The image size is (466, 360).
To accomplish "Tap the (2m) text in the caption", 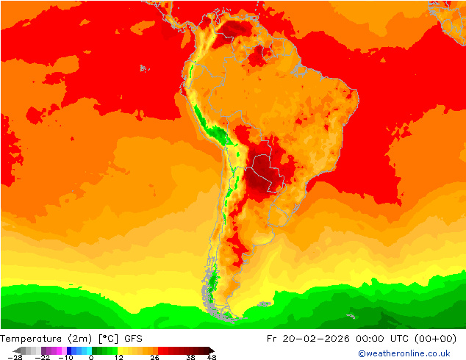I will [x=80, y=339].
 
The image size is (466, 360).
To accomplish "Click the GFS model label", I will [x=133, y=339].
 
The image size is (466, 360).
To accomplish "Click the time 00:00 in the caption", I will [x=372, y=339].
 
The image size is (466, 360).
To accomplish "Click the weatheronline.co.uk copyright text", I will [x=404, y=353].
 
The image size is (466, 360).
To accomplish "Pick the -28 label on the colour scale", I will [x=15, y=357].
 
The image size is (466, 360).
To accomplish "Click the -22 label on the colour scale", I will [x=43, y=357].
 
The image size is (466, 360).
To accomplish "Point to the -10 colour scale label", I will [x=65, y=357].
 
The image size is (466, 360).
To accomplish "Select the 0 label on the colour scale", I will [x=91, y=357].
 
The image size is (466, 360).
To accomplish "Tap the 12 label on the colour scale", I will [x=118, y=357].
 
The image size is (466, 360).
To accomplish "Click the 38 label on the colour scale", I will [x=190, y=357].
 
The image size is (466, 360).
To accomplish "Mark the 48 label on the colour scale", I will [x=212, y=357].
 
